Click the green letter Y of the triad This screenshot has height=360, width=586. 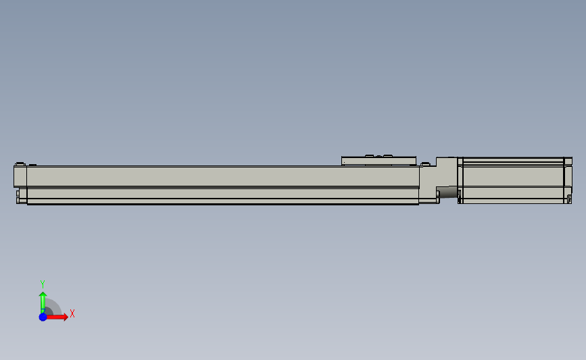(x=42, y=284)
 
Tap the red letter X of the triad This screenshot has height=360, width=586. (x=72, y=313)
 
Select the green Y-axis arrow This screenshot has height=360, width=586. (x=43, y=301)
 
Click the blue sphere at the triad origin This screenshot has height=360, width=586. (x=43, y=316)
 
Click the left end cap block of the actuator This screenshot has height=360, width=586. (x=20, y=177)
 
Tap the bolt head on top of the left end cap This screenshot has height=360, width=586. (x=20, y=164)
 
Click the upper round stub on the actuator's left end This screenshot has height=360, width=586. (x=16, y=193)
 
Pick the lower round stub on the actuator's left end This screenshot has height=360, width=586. (x=17, y=200)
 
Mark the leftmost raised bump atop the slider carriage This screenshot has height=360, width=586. (x=370, y=156)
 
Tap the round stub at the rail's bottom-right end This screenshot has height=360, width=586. (x=438, y=196)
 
